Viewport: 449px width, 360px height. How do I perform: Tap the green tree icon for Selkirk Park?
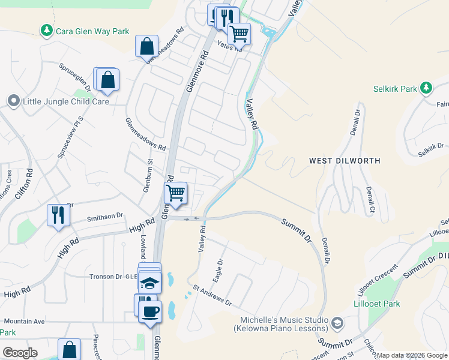(x=426, y=88)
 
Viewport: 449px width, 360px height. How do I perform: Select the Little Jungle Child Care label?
(x=65, y=101)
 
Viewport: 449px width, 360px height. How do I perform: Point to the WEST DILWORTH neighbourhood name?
(x=345, y=161)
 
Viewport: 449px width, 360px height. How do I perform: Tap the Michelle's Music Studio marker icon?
(x=337, y=324)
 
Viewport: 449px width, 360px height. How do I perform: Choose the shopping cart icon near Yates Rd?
(x=240, y=34)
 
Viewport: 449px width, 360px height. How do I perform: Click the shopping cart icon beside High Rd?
(x=176, y=193)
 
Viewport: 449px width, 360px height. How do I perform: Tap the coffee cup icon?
(x=149, y=311)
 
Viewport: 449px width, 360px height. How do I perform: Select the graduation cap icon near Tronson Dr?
(x=149, y=282)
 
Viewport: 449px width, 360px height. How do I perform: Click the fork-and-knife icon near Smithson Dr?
(x=58, y=215)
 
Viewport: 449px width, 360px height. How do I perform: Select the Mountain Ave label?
(x=23, y=322)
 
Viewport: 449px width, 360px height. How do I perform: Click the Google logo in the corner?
(x=20, y=353)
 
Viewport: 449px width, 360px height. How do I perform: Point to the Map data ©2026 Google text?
(x=412, y=355)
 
